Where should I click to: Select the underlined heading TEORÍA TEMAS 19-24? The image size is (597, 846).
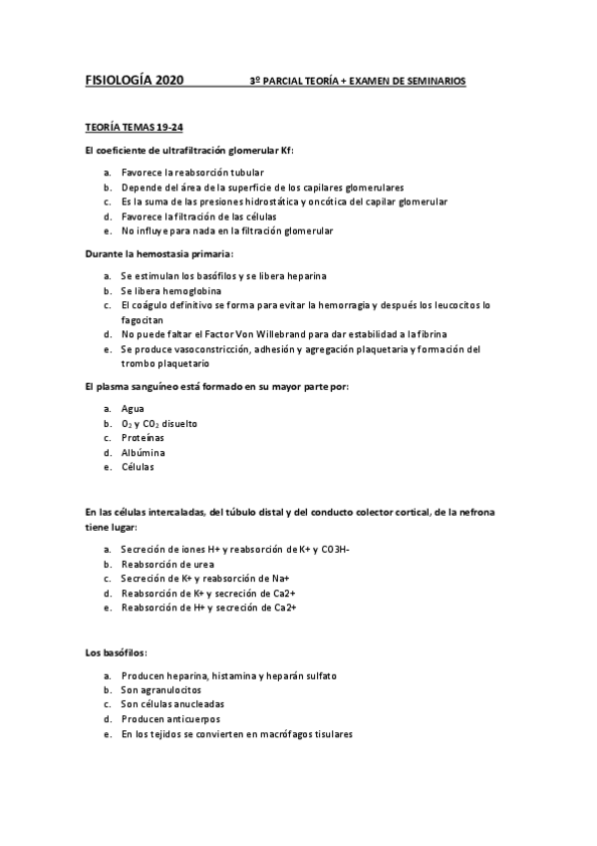(x=133, y=129)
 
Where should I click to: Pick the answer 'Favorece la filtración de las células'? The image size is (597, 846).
(x=199, y=215)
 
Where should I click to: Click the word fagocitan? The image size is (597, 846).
(x=146, y=318)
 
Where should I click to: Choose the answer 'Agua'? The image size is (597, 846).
(x=133, y=408)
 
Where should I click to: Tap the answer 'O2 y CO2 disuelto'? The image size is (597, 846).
(x=159, y=423)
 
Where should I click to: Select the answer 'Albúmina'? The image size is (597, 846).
(x=144, y=452)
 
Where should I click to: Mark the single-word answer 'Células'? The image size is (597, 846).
(x=138, y=467)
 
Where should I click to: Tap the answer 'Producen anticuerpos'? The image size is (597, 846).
(x=171, y=718)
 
